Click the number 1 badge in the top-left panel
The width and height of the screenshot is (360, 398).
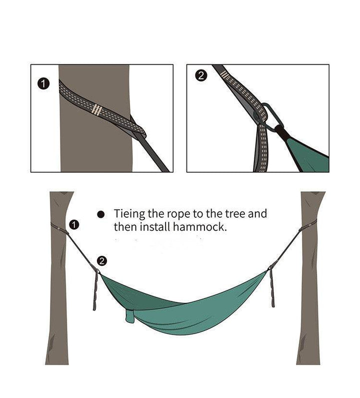pos(43,84)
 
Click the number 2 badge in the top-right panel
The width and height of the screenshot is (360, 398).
pos(201,76)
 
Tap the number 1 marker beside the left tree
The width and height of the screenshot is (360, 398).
pos(74,225)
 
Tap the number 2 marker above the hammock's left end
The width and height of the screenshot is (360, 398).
pos(102,261)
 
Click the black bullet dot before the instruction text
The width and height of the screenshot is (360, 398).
pos(100,214)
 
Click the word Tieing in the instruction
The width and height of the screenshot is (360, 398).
pos(129,214)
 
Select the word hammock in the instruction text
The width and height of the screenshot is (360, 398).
pos(199,227)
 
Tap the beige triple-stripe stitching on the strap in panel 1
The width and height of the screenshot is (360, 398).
pos(96,110)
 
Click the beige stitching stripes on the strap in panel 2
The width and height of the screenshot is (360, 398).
pos(224,75)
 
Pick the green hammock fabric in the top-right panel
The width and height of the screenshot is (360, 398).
pos(310,155)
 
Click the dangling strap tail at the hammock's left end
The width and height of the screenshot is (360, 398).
pos(95,291)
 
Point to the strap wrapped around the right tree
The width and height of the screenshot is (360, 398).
pos(308,226)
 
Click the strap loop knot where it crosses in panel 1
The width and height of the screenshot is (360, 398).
pos(139,130)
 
